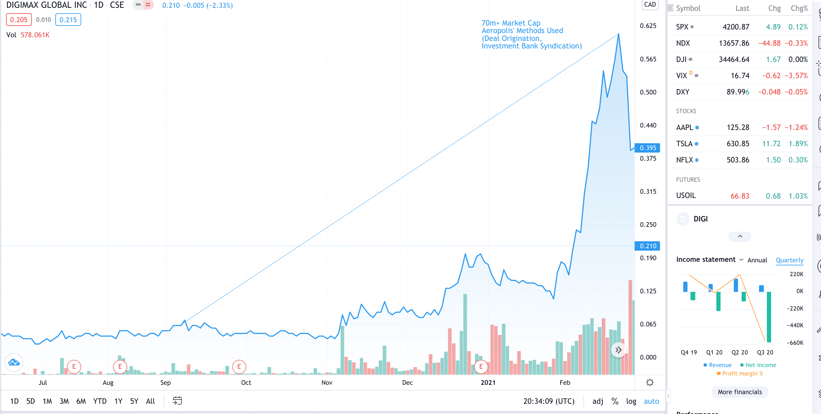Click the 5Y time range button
[134, 401]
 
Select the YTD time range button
[100, 401]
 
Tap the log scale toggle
[631, 401]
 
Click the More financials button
[740, 392]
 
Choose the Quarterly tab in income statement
[789, 260]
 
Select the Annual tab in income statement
[757, 260]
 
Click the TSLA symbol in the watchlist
[684, 144]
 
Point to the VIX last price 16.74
[740, 76]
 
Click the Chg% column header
[799, 8]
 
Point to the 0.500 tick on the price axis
[648, 92]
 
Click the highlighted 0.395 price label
[647, 148]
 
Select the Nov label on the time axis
[327, 382]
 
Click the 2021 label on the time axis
[488, 382]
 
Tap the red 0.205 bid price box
[19, 20]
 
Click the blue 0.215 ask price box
[68, 20]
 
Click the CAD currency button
[650, 5]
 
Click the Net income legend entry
[760, 365]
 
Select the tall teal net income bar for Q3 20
[769, 317]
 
